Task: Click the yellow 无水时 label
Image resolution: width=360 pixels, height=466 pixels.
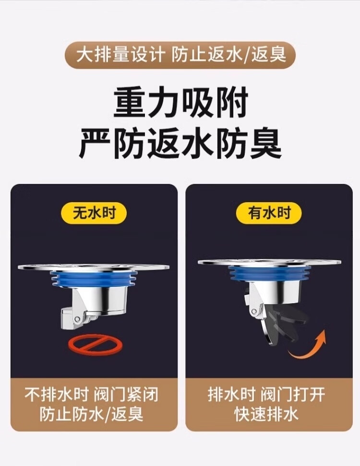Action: pyautogui.click(x=94, y=213)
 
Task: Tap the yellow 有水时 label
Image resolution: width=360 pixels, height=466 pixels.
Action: pyautogui.click(x=269, y=213)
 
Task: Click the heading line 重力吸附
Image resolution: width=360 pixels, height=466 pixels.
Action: pyautogui.click(x=180, y=103)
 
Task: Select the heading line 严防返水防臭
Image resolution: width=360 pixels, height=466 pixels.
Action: pyautogui.click(x=180, y=144)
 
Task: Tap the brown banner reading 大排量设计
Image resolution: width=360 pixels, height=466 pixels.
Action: pyautogui.click(x=180, y=55)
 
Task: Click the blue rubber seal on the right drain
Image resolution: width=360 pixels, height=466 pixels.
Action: pyautogui.click(x=269, y=274)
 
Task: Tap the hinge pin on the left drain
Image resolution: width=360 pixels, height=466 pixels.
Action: pyautogui.click(x=77, y=319)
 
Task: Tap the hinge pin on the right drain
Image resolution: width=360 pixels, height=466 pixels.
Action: pyautogui.click(x=254, y=312)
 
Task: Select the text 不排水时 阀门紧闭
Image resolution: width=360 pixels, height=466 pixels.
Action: pyautogui.click(x=92, y=395)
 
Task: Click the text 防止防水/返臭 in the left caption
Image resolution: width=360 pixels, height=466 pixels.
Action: pyautogui.click(x=92, y=414)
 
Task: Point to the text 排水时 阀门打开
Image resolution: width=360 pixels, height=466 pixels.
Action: pyautogui.click(x=266, y=395)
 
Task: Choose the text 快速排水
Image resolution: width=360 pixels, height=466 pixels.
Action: pyautogui.click(x=266, y=414)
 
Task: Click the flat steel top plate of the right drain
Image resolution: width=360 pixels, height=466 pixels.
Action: pyautogui.click(x=269, y=262)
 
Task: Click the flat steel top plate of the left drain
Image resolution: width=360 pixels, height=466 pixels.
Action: pyautogui.click(x=94, y=267)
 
